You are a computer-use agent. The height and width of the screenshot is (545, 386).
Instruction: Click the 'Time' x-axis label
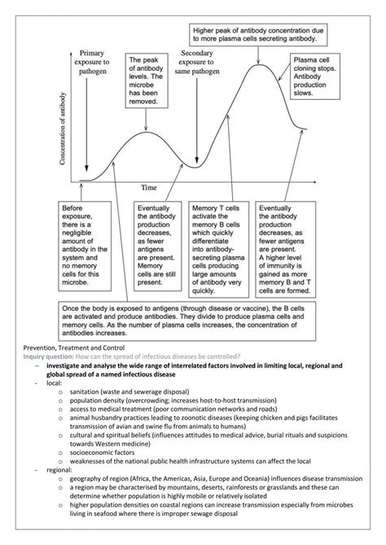tap(148, 185)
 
